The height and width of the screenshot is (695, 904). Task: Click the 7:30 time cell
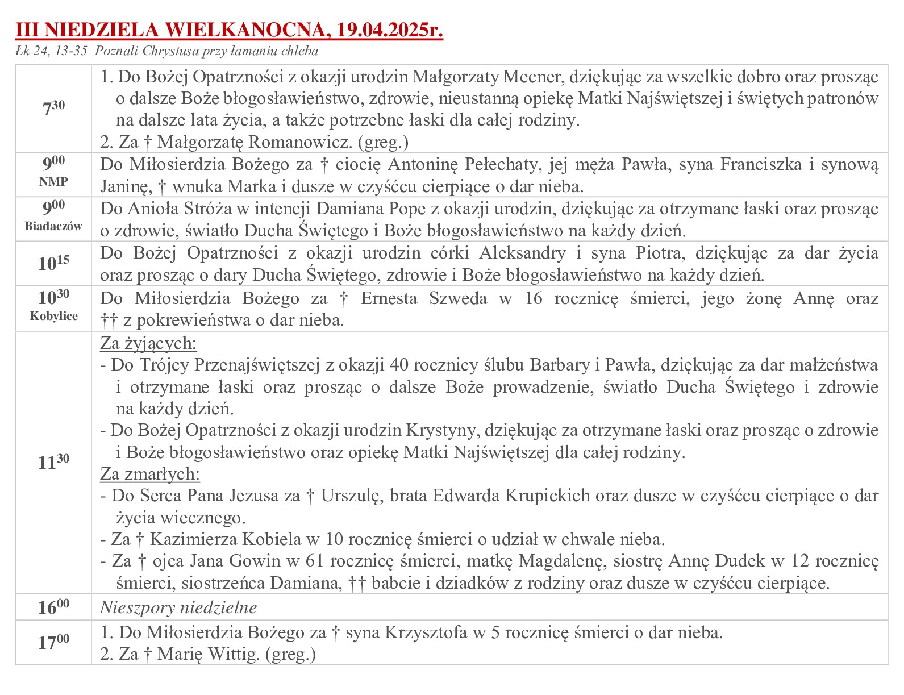coord(53,108)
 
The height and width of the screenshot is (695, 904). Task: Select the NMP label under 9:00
coord(53,182)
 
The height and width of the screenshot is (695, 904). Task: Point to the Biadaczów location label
coord(53,226)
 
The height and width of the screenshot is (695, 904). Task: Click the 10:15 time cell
coord(53,263)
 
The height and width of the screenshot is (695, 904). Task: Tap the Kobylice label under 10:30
coord(53,316)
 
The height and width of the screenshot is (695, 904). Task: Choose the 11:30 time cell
coord(53,462)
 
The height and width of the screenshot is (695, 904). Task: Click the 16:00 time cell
coord(53,607)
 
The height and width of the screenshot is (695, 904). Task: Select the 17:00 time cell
coord(53,642)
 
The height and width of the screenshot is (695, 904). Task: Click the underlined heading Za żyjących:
coord(149,343)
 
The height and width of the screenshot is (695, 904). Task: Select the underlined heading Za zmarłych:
coord(150,474)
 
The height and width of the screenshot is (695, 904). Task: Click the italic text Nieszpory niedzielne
coord(178,607)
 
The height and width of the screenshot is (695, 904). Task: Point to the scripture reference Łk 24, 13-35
coord(52,51)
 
